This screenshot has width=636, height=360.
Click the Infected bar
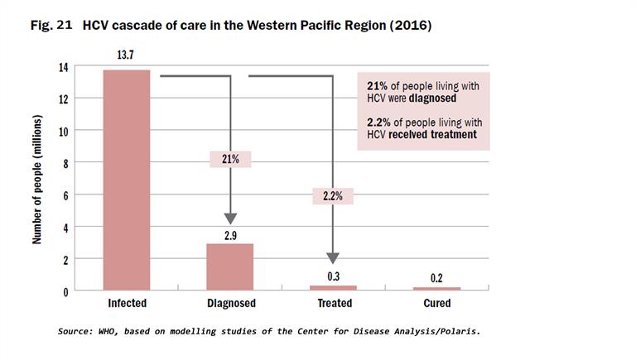point(127,180)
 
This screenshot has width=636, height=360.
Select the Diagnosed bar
point(229,266)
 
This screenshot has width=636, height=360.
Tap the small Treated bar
point(333,287)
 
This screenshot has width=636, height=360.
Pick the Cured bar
point(436,288)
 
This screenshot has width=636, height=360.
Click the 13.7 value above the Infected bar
point(127,55)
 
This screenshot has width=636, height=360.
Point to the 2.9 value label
point(229,235)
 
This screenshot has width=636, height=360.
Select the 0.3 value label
point(333,276)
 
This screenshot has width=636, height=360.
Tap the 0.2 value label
point(436,278)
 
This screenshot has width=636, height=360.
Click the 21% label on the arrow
point(229,160)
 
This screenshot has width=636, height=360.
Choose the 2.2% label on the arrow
point(333,196)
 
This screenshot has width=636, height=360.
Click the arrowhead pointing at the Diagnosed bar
point(230,218)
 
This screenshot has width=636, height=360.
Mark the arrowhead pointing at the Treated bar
point(333,258)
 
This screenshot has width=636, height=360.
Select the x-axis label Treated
point(334,304)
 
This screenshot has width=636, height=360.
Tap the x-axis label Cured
point(437,304)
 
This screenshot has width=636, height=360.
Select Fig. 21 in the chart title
point(52,26)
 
